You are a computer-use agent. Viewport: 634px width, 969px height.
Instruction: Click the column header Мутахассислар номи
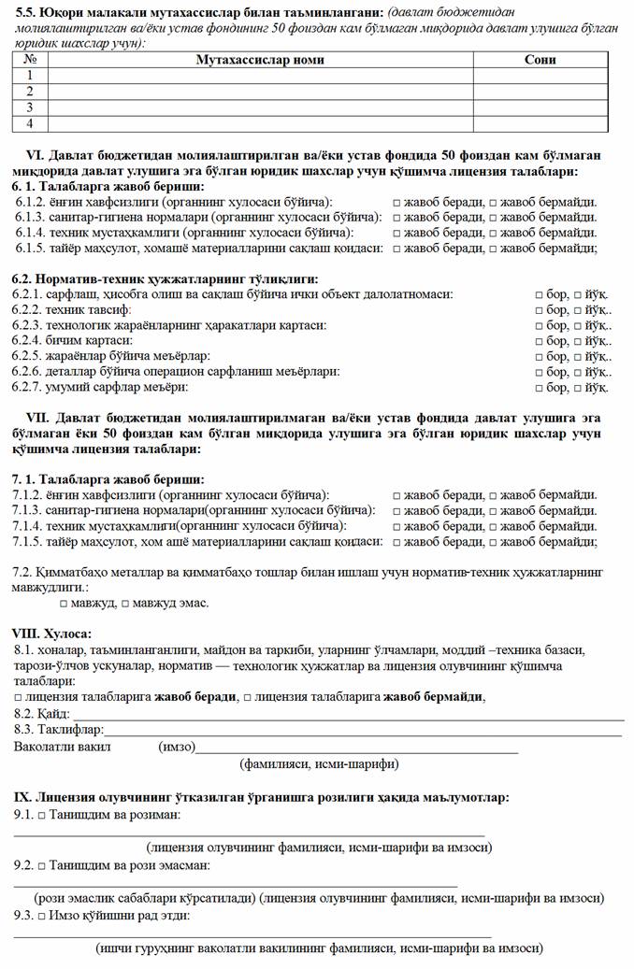coord(260,60)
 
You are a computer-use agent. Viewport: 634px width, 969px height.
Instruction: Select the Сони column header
coord(540,60)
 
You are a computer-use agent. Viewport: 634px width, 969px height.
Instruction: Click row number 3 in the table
coord(30,107)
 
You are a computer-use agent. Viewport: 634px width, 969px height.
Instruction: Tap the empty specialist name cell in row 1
coord(260,76)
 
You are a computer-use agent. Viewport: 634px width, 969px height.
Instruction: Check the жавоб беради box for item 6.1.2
coord(397,202)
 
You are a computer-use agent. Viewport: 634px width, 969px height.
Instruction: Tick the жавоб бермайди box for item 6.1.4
coord(493,233)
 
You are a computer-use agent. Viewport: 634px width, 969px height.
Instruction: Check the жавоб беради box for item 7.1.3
coord(397,510)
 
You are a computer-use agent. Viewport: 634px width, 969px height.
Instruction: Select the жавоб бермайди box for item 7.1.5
coord(493,541)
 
